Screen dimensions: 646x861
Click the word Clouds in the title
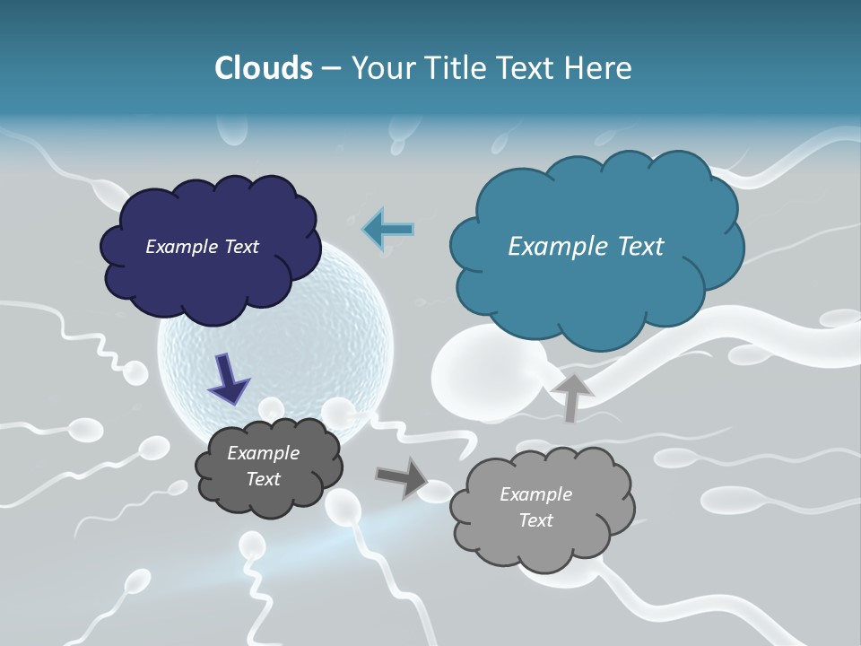coord(264,68)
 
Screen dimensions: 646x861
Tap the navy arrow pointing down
coord(229,380)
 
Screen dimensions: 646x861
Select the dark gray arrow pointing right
coord(402,477)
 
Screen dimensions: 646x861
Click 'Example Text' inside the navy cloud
coord(202,247)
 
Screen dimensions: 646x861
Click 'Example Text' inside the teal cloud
coord(586,247)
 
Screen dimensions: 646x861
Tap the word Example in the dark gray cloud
coord(263,453)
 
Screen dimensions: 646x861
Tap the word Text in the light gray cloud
coord(535,520)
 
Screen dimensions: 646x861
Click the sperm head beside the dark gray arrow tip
coord(439,490)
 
